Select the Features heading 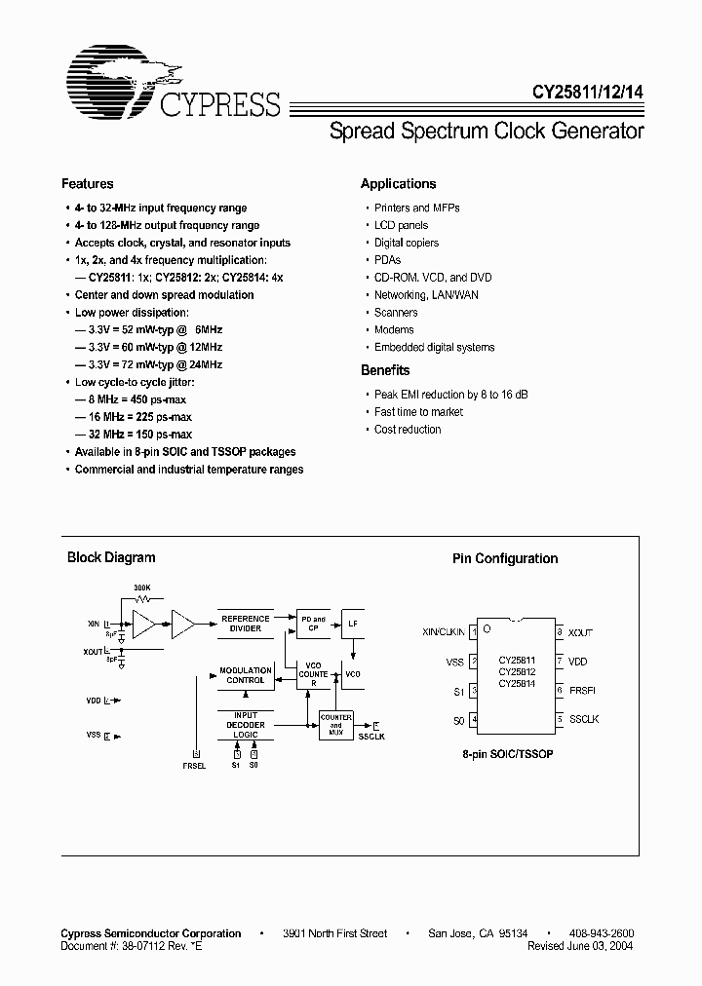coord(88,183)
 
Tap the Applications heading coord(398,183)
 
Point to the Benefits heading coord(385,370)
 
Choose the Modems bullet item coord(394,329)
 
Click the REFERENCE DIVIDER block coord(245,624)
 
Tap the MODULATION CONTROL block coord(245,675)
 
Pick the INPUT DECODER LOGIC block coord(245,726)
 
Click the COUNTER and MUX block coord(336,723)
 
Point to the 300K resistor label coord(141,588)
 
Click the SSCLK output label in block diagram coord(371,737)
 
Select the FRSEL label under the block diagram coord(193,767)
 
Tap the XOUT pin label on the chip coord(580,632)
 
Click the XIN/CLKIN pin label coord(445,632)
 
